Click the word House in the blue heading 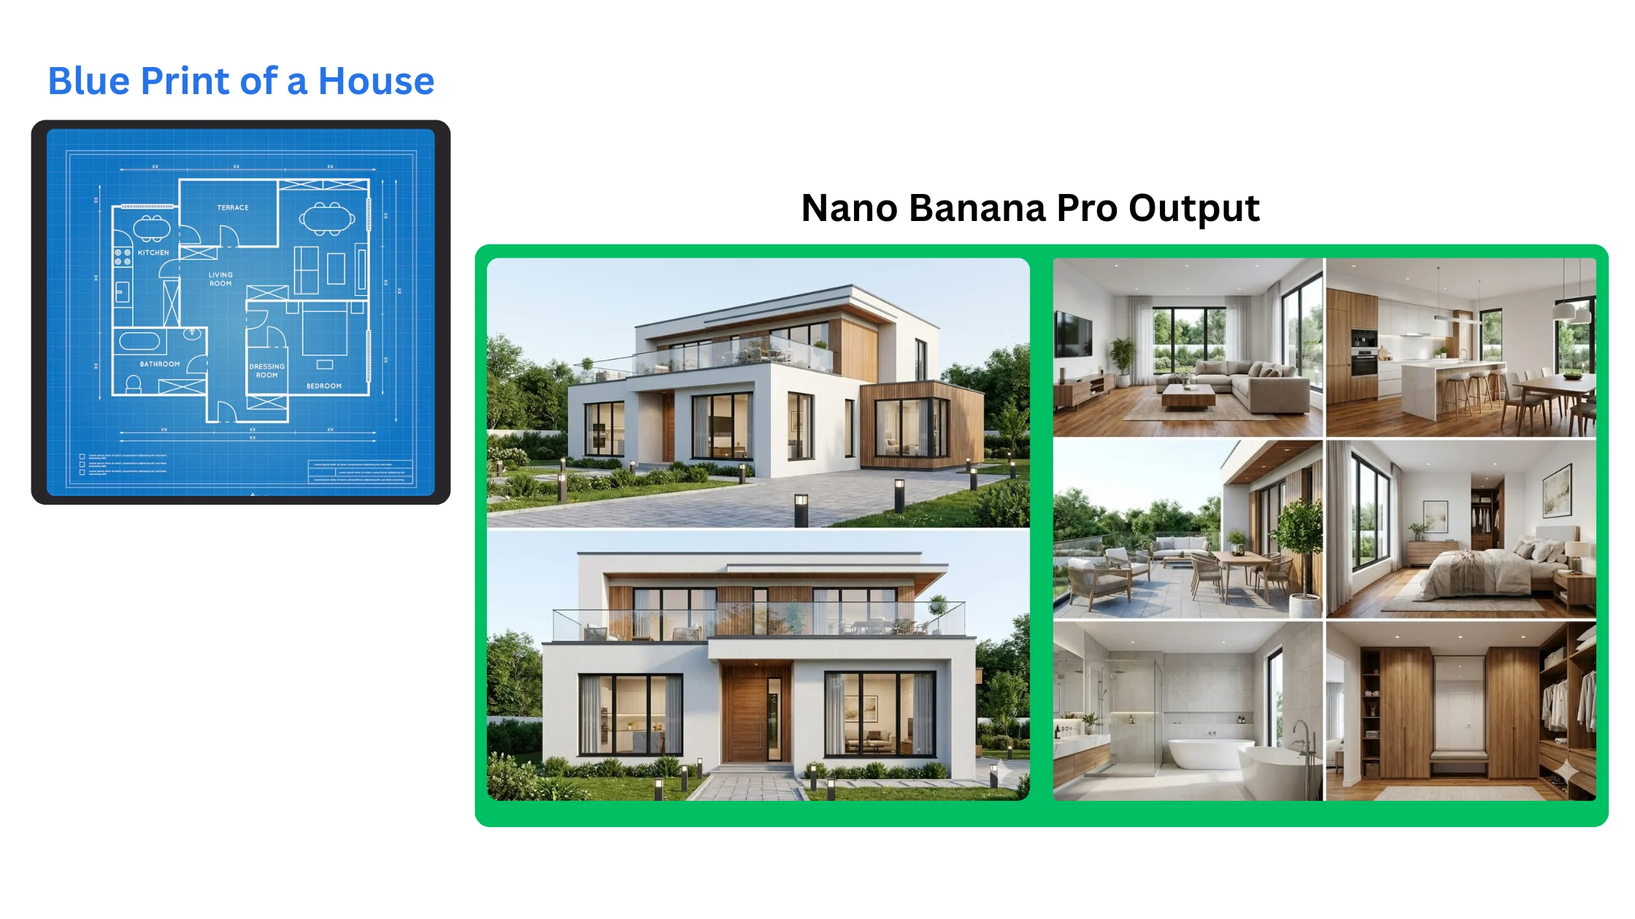tap(376, 81)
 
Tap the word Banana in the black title tap(977, 209)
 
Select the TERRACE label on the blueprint tap(233, 208)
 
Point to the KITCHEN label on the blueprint tap(153, 253)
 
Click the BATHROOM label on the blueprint tap(160, 364)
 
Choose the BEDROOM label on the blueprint tap(324, 386)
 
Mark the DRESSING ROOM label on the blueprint tap(266, 371)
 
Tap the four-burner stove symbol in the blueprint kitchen tap(123, 256)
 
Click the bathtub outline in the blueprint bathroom tap(139, 341)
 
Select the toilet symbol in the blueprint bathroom tap(133, 384)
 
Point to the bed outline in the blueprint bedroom tap(325, 330)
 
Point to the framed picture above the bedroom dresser tap(1435, 516)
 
